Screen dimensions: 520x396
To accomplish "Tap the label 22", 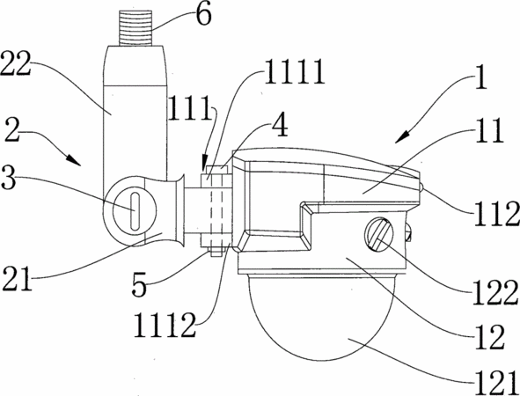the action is (16, 64).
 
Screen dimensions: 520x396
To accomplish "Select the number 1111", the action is (295, 71).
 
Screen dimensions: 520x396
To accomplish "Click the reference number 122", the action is (495, 292).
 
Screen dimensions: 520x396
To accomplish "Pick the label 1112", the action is (165, 326).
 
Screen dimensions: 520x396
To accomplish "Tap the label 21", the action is (18, 278).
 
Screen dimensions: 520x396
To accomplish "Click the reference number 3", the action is (8, 178).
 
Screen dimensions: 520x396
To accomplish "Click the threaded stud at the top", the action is (135, 28).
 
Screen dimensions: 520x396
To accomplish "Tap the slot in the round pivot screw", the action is (135, 211).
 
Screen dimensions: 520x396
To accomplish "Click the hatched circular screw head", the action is (379, 234).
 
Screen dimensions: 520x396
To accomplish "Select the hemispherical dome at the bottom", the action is (320, 318).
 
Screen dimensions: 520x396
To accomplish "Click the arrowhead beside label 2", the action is (74, 159).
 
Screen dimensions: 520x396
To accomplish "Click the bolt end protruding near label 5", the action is (216, 252).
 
